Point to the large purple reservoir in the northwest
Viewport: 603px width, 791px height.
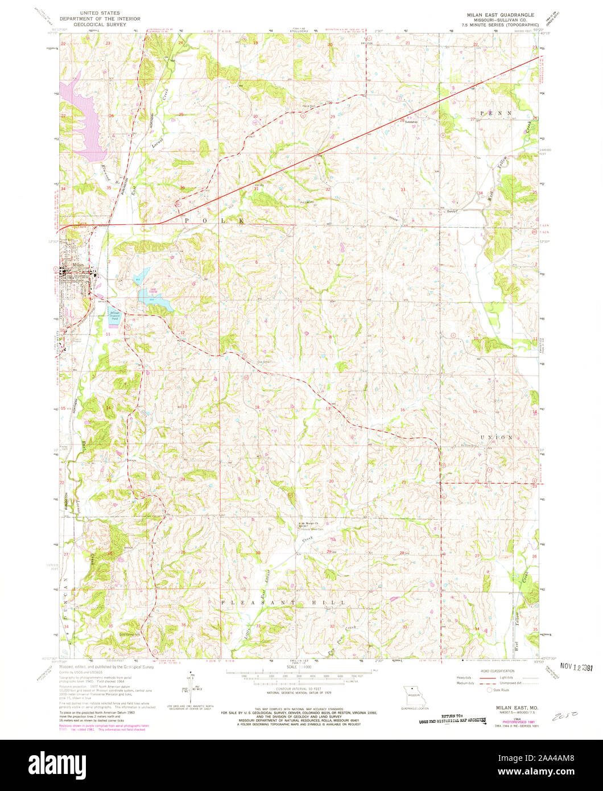click(84, 120)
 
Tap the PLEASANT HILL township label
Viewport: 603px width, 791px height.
click(284, 602)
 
